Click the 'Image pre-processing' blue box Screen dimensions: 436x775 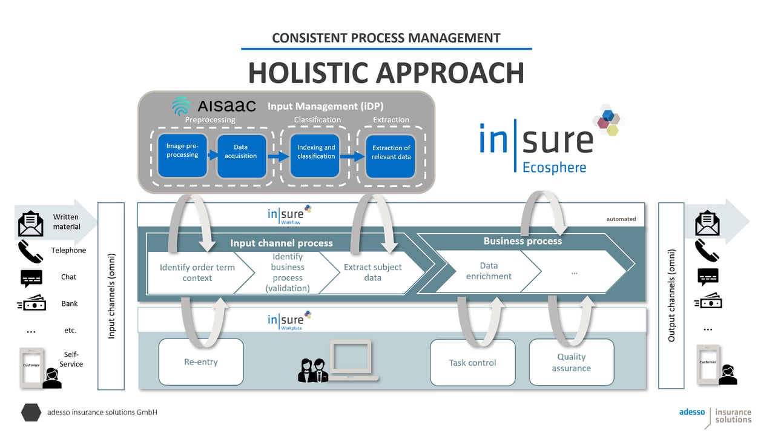pyautogui.click(x=182, y=156)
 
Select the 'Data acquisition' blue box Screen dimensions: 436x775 pyautogui.click(x=241, y=156)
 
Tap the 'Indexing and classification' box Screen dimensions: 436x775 pyautogui.click(x=315, y=156)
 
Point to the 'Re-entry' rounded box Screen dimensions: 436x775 pyautogui.click(x=201, y=362)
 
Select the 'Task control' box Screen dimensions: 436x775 pyautogui.click(x=472, y=363)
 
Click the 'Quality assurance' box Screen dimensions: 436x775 pyautogui.click(x=571, y=362)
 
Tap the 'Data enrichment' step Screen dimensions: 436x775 pyautogui.click(x=488, y=271)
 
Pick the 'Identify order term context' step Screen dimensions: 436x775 pyautogui.click(x=197, y=272)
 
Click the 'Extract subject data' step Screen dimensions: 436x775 pyautogui.click(x=372, y=272)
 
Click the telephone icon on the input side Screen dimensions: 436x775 pyautogui.click(x=30, y=251)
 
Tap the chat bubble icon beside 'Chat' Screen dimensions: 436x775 pyautogui.click(x=31, y=277)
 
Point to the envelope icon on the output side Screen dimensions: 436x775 pyautogui.click(x=707, y=223)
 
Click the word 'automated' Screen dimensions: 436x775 pyautogui.click(x=621, y=219)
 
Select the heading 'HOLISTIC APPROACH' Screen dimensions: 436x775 pyautogui.click(x=386, y=73)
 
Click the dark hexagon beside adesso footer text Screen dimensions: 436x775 pyautogui.click(x=31, y=412)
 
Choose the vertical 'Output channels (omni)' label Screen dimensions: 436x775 pyautogui.click(x=671, y=296)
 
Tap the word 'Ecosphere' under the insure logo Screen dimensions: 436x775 pyautogui.click(x=554, y=167)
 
